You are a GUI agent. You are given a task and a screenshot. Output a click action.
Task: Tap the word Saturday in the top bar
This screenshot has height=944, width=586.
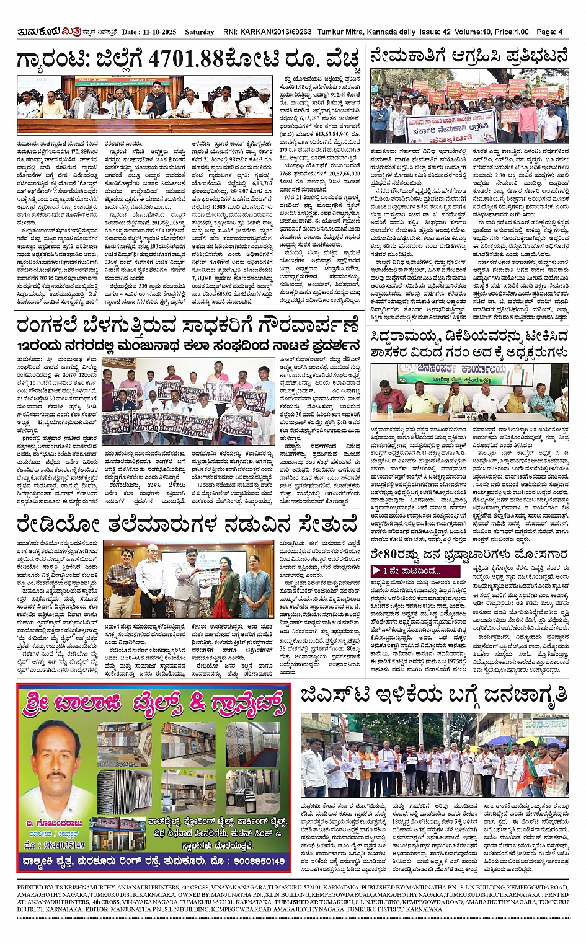[198, 32]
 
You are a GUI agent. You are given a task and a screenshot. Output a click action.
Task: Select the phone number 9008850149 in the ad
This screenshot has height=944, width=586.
[256, 861]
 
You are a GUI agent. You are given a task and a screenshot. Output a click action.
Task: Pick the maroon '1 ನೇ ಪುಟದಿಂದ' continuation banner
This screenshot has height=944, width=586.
[415, 570]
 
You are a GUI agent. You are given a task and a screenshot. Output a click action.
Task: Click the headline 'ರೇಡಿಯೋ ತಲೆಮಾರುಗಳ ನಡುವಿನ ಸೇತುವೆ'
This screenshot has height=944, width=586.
[187, 524]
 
